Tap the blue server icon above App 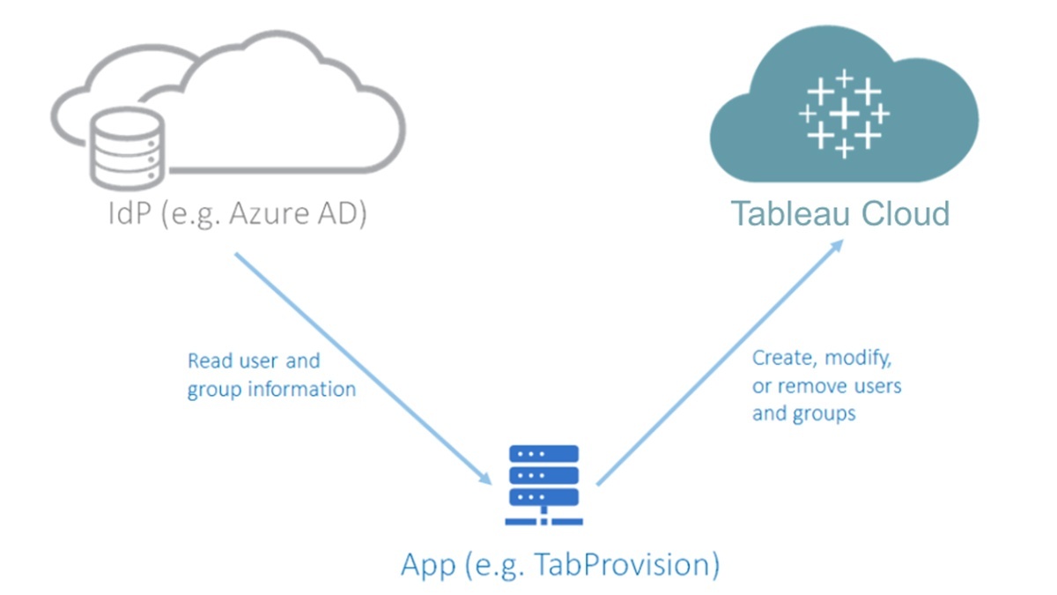543,485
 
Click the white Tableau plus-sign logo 843,114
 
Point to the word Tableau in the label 782,214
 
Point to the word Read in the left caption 211,361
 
